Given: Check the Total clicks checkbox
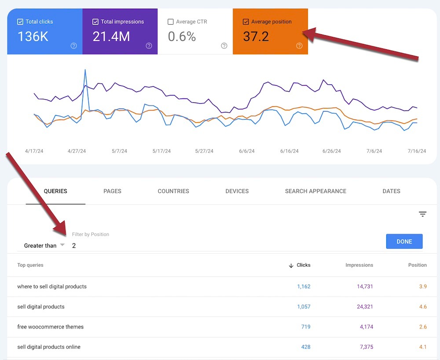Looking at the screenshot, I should pos(20,22).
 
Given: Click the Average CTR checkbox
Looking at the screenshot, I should pos(171,22).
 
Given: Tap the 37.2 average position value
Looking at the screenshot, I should pos(256,36).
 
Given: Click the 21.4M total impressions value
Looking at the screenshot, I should pos(111,36).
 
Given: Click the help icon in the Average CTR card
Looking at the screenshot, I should pos(224,46).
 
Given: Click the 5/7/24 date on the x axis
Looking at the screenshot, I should pos(119,151).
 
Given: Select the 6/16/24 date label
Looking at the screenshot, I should pos(289,151).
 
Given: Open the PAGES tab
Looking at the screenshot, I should pos(112,191).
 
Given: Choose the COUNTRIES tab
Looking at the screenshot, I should pos(173,191).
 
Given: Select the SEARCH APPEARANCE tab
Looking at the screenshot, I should pos(315,191).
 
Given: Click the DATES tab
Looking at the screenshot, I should pos(391,191).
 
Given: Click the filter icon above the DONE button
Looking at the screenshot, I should pos(422,215).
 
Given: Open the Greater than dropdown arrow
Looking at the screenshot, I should pos(62,245).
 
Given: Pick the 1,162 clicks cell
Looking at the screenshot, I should pos(303,287).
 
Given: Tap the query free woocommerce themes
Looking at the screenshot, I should pos(50,327).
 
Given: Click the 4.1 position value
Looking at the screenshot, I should pos(422,347).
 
